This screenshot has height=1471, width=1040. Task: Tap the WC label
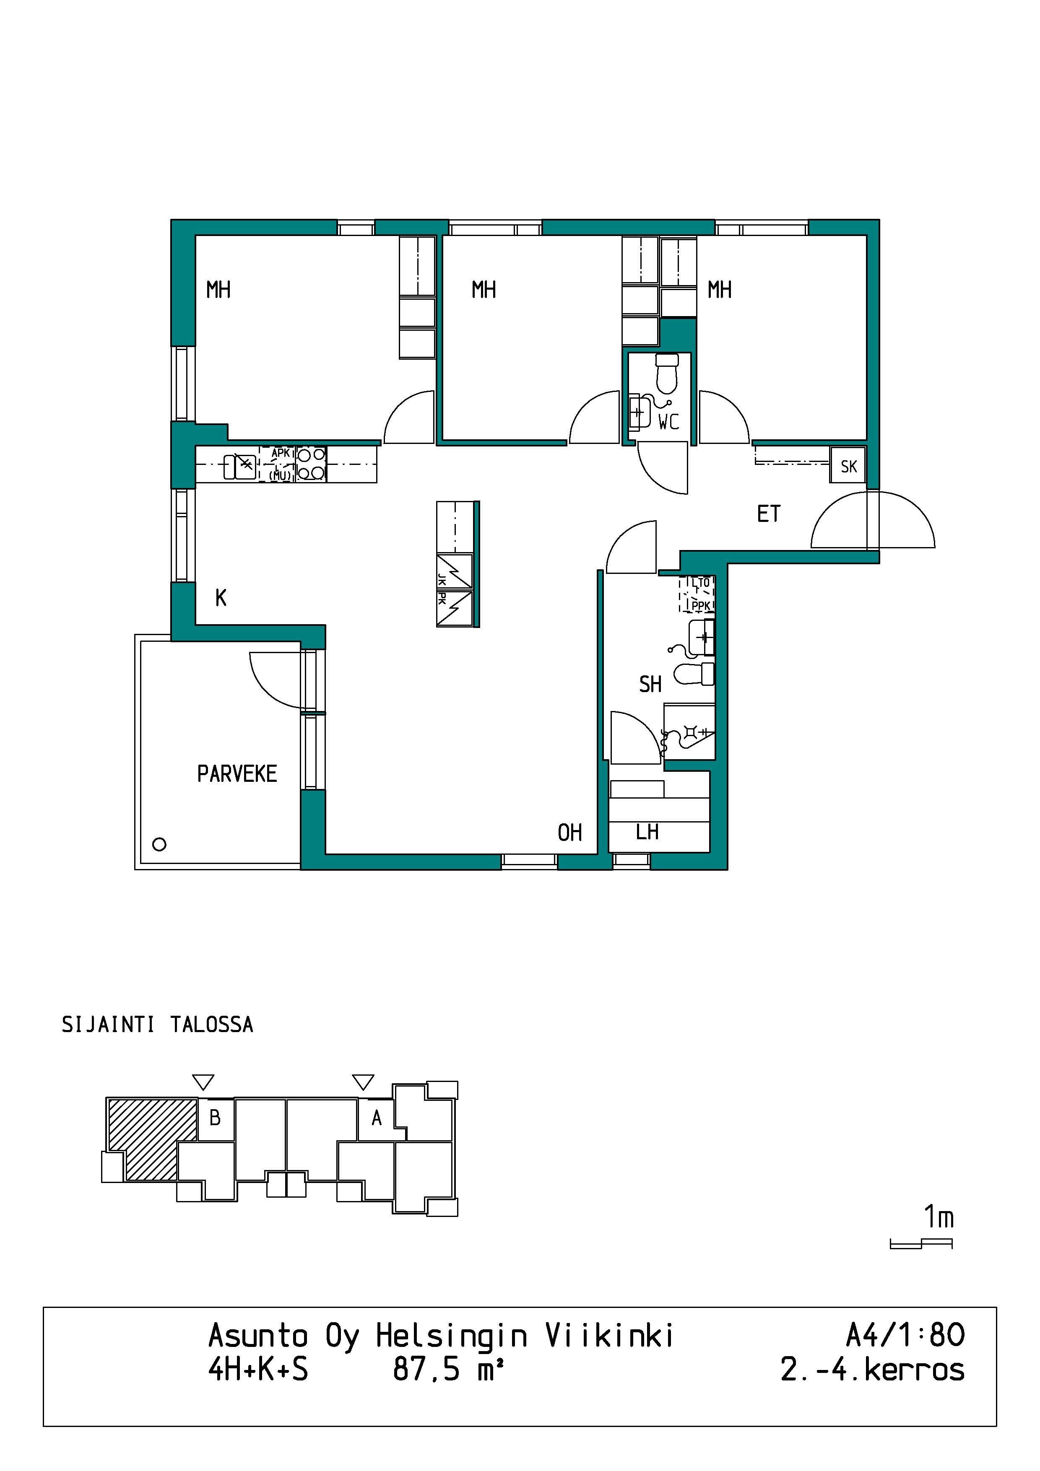pos(668,422)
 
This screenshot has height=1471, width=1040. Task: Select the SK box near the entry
pos(848,466)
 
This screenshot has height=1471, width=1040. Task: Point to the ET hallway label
pos(769,514)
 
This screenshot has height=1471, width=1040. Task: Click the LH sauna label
pos(647,832)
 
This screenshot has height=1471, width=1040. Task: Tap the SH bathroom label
pos(650,684)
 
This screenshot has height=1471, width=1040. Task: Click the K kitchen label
pos(221,598)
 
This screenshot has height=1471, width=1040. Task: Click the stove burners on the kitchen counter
pos(311,464)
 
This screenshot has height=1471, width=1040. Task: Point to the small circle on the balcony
pos(159,844)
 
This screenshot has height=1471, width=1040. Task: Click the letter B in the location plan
pos(215,1118)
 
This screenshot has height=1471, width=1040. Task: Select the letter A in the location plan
pos(377,1118)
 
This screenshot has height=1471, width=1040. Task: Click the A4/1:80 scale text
pos(905,1336)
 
